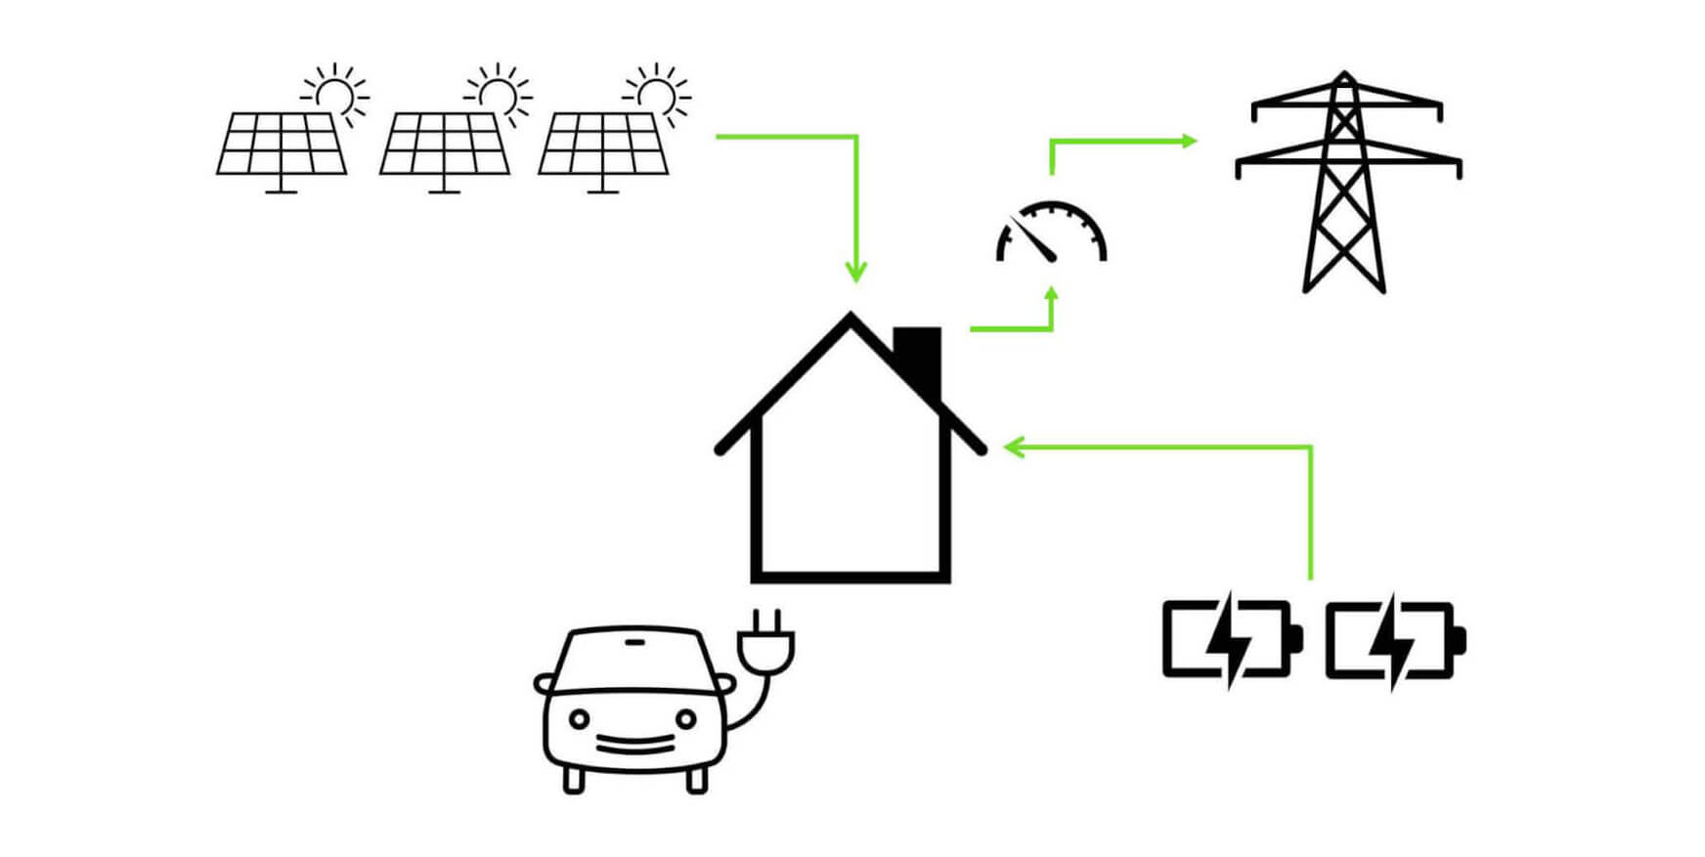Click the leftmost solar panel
pos(282,144)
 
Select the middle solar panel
pos(444,144)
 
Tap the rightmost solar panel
pos(603,144)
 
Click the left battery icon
pos(1231,640)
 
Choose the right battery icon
pos(1394,640)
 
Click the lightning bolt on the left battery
pos(1225,640)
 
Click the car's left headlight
pos(579,719)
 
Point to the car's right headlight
pos(685,719)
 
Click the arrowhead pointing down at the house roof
pos(855,273)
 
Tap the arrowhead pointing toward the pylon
pos(1189,141)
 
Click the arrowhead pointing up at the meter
pos(1052,293)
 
